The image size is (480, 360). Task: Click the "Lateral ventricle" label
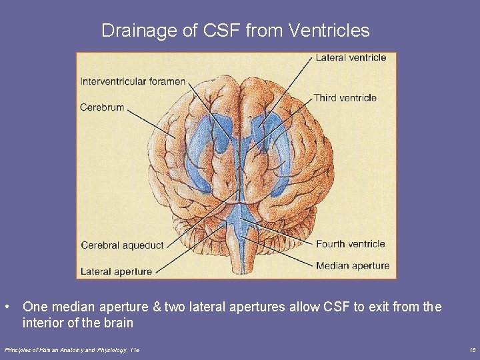[x=351, y=57]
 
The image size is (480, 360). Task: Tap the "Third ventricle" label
[x=345, y=98]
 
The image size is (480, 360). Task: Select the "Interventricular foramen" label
[x=133, y=81]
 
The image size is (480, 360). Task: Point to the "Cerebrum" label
[x=102, y=107]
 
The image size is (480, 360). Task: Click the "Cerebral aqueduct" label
[x=122, y=245]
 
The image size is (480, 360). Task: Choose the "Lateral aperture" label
[x=116, y=271]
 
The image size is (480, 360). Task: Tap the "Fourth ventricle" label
[x=350, y=244]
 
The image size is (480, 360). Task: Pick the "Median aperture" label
[x=353, y=265]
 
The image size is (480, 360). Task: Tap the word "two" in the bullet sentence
[x=175, y=307]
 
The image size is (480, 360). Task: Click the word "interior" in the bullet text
[x=41, y=323]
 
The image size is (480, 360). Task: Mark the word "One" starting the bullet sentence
[x=34, y=307]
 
